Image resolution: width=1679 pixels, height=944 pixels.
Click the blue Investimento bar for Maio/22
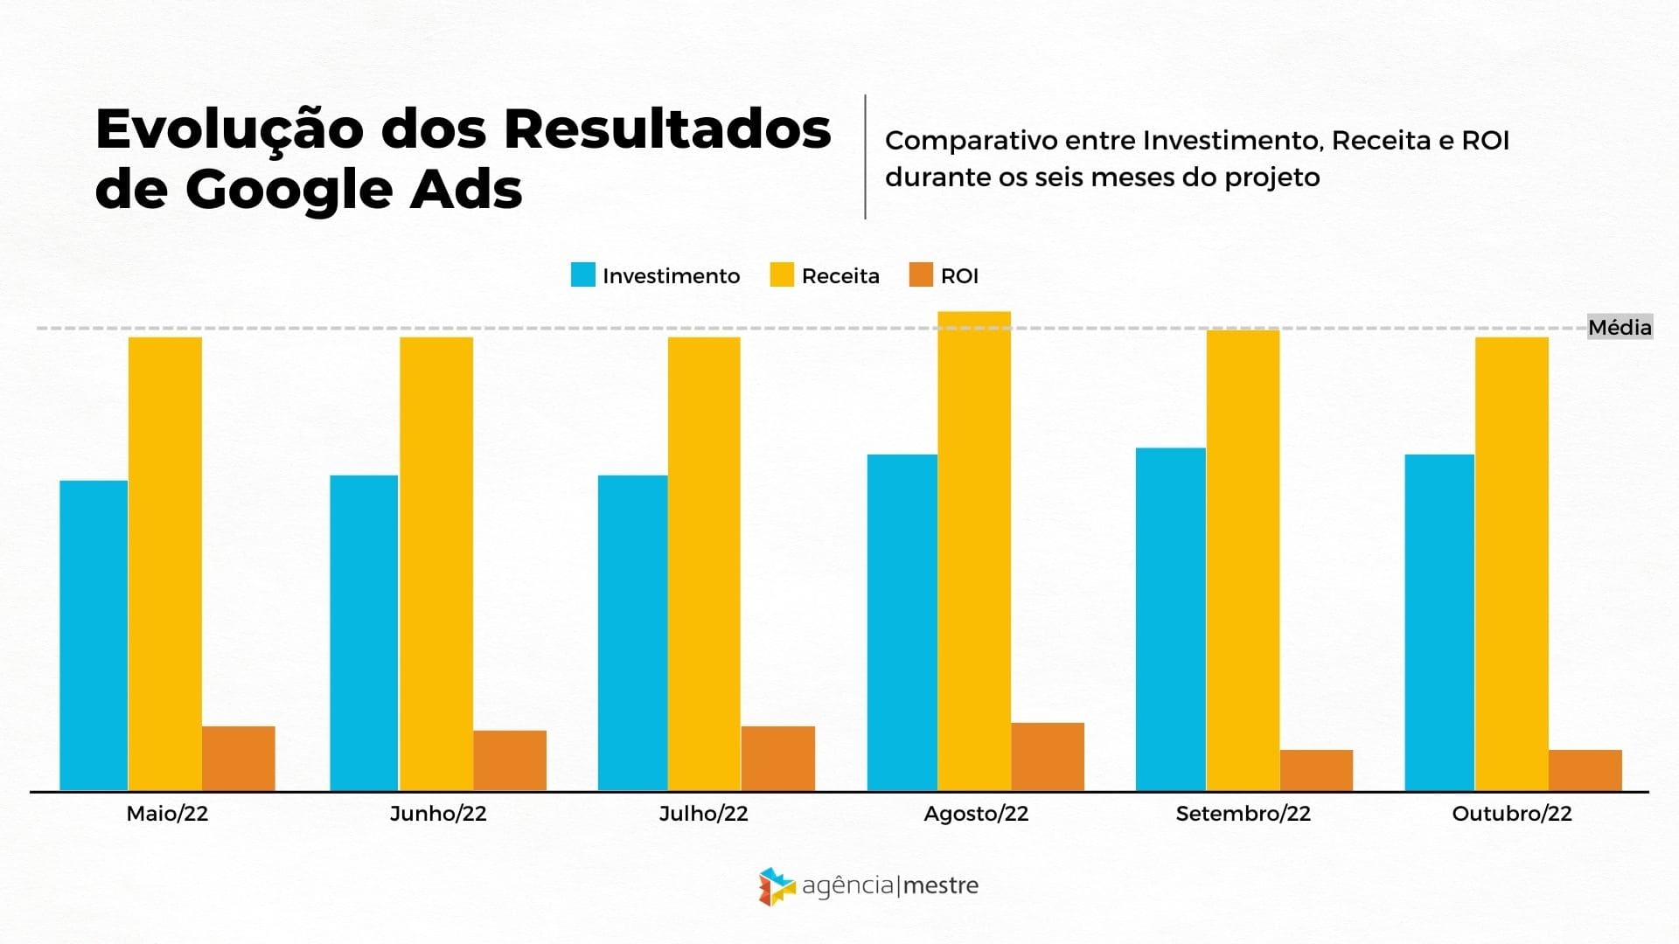click(x=94, y=635)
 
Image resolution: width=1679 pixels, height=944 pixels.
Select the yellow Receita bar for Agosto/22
click(x=974, y=551)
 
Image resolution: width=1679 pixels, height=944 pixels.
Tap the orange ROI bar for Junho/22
click(x=510, y=760)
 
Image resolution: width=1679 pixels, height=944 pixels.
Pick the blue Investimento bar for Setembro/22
click(x=1170, y=619)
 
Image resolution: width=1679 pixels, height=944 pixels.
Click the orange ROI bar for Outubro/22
click(x=1585, y=770)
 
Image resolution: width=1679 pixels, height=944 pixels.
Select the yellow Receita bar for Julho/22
click(x=704, y=564)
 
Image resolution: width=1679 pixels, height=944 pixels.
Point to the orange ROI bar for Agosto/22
click(x=1048, y=756)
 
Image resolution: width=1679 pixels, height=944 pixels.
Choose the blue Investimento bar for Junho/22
click(x=364, y=633)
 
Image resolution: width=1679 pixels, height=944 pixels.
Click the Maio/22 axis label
click(x=167, y=814)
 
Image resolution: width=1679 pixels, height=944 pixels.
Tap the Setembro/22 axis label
click(x=1243, y=814)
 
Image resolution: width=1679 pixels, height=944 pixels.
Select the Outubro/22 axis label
click(x=1511, y=814)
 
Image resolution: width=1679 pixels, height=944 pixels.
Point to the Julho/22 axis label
click(x=703, y=814)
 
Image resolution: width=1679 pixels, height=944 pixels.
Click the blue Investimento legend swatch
click(x=582, y=275)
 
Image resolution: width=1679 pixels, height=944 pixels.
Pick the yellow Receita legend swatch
click(x=782, y=275)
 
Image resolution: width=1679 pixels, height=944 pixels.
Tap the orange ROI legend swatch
click(x=921, y=275)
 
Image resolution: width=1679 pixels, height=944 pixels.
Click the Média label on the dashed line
click(x=1620, y=328)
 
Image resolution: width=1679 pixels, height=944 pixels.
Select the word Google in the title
click(x=287, y=190)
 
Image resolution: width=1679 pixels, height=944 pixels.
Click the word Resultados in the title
click(x=666, y=129)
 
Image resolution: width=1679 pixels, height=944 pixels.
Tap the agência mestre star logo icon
click(x=776, y=886)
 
